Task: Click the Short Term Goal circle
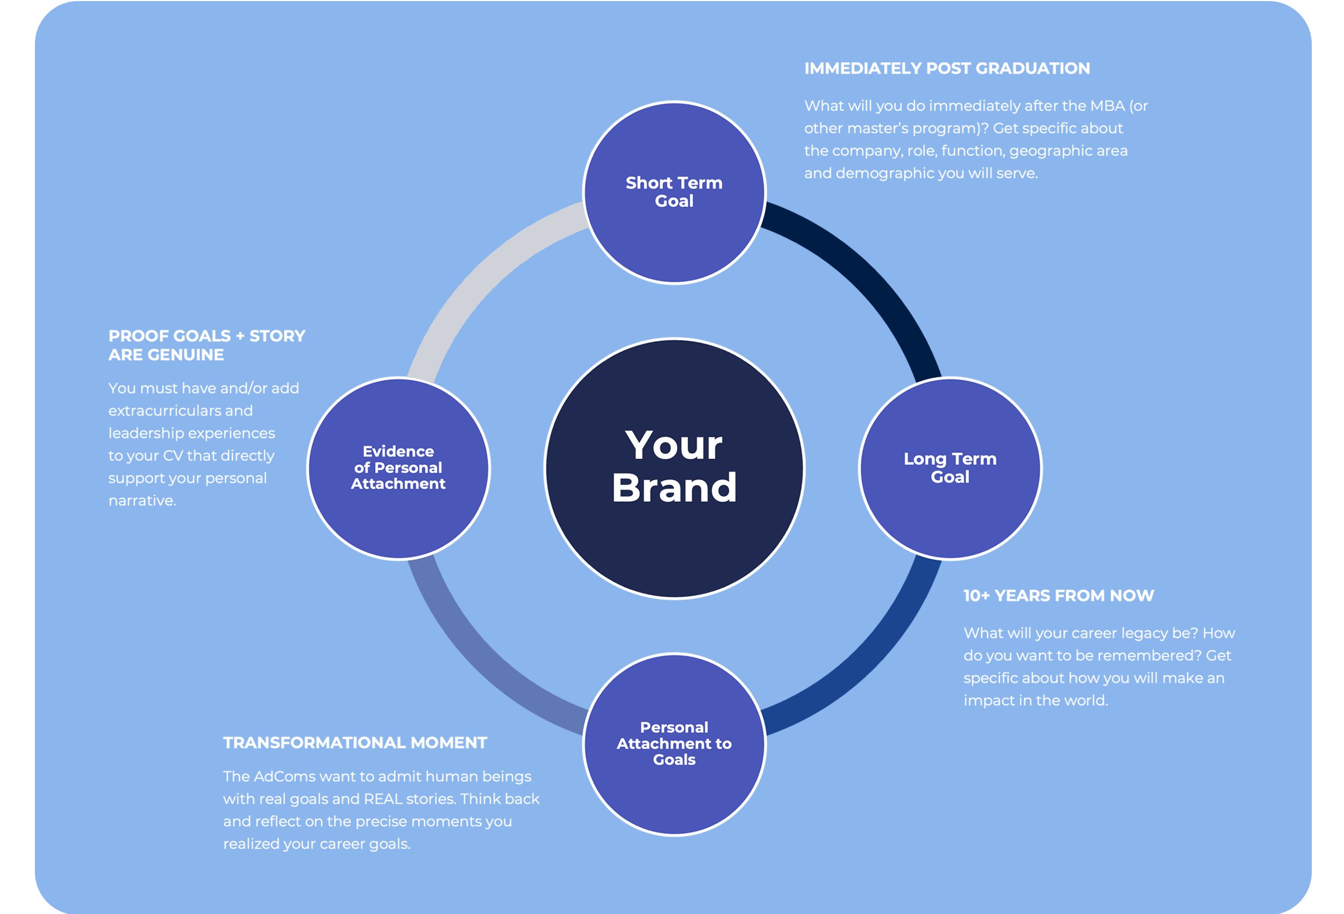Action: coord(674,192)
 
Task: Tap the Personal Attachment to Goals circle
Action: coord(674,744)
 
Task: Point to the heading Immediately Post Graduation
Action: coord(947,68)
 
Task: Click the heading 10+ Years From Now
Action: coord(1059,595)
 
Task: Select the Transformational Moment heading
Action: coord(355,743)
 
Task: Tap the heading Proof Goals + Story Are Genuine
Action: coord(206,345)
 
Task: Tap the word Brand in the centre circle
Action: coord(674,487)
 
